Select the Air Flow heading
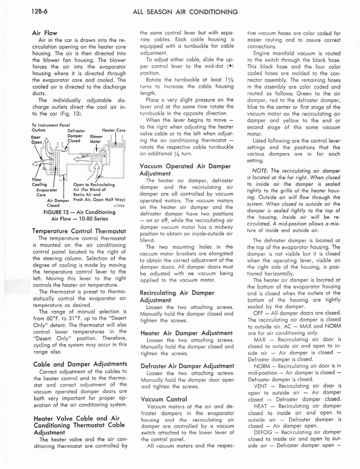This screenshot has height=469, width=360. click(x=44, y=33)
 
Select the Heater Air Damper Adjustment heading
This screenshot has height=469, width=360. click(x=181, y=333)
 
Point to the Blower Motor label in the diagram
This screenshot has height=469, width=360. click(x=96, y=139)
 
